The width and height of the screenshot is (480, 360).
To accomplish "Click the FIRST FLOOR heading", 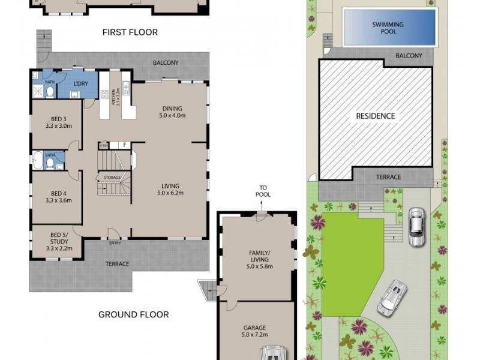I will pyautogui.click(x=130, y=32).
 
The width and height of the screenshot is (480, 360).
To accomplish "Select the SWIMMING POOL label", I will pyautogui.click(x=388, y=28).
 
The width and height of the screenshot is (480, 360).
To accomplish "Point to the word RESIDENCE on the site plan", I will pyautogui.click(x=376, y=116).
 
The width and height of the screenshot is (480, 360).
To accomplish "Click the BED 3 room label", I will pyautogui.click(x=58, y=122).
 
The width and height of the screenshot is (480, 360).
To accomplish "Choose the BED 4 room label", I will pyautogui.click(x=58, y=197).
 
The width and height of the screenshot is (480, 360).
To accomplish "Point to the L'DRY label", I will pyautogui.click(x=80, y=84).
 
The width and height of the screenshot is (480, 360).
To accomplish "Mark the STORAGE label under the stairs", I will pyautogui.click(x=112, y=178).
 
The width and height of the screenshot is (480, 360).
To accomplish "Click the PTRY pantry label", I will pyautogui.click(x=104, y=145).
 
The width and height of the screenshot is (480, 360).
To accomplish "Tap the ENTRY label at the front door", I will pyautogui.click(x=115, y=243).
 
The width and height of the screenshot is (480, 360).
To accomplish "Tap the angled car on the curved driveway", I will pyautogui.click(x=392, y=298).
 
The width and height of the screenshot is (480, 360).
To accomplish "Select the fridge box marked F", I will pyautogui.click(x=122, y=145).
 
